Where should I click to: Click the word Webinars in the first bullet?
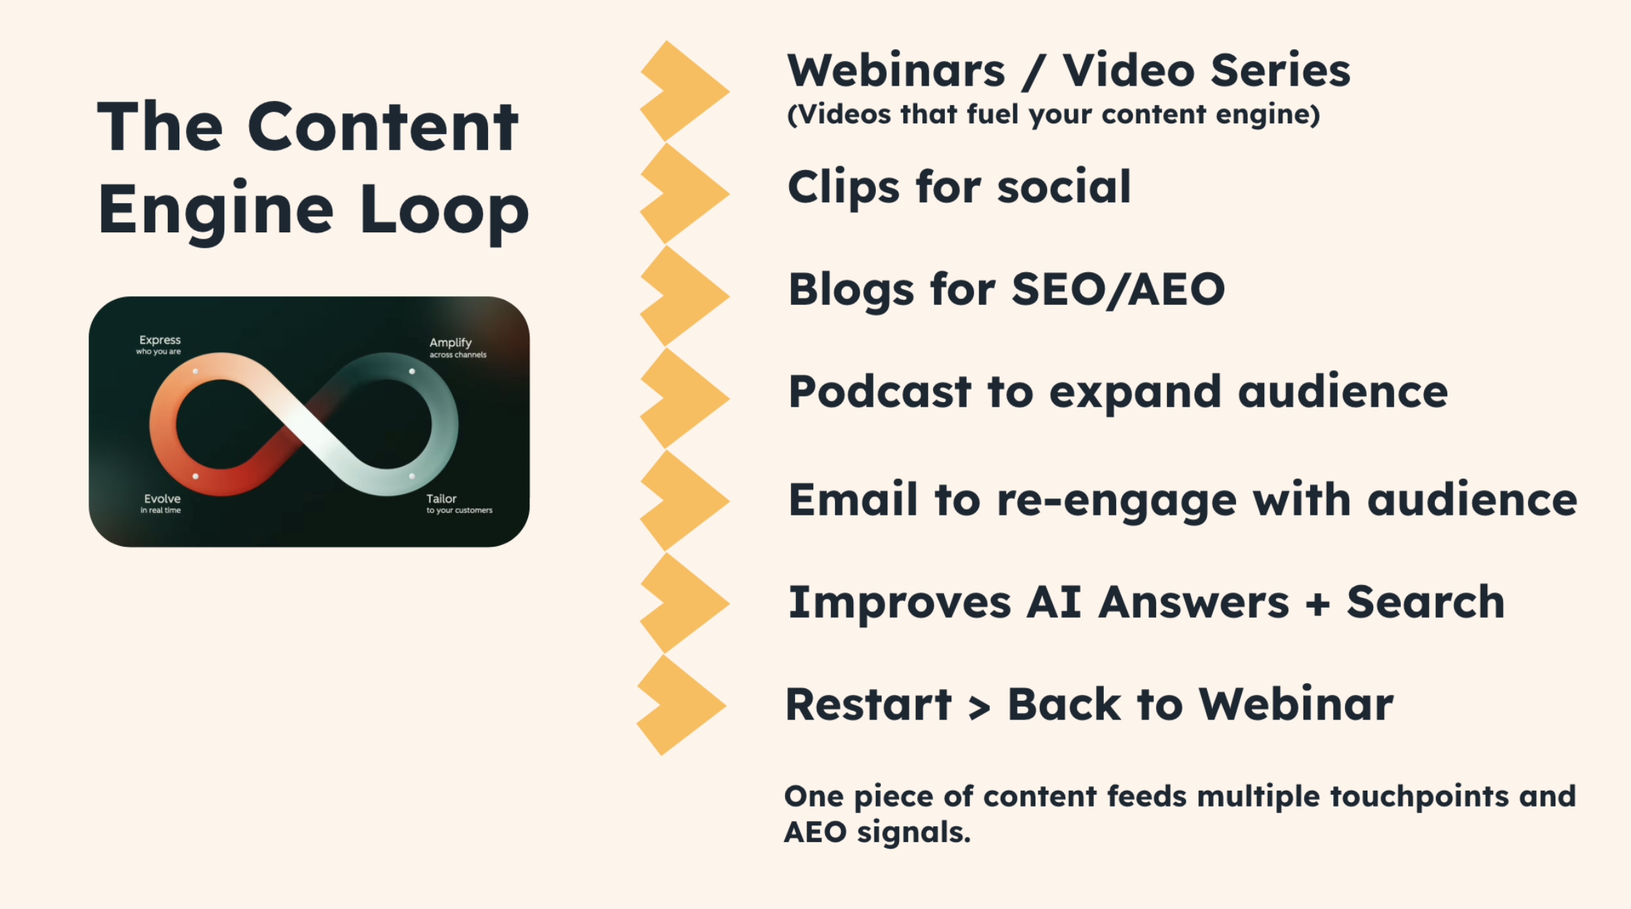(x=896, y=71)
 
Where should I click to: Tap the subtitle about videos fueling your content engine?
(x=1053, y=115)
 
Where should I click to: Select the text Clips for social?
(x=959, y=187)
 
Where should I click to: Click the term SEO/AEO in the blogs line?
(x=1118, y=290)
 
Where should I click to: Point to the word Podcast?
(x=879, y=392)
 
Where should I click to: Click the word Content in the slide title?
(x=383, y=128)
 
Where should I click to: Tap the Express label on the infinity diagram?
(x=160, y=341)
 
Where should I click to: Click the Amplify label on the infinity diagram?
(x=450, y=343)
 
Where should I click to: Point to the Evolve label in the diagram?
(x=162, y=499)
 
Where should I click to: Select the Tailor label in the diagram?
(x=442, y=499)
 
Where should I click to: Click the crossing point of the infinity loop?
(x=304, y=425)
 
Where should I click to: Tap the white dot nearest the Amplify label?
(x=412, y=372)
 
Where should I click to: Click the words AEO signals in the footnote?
(x=876, y=832)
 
